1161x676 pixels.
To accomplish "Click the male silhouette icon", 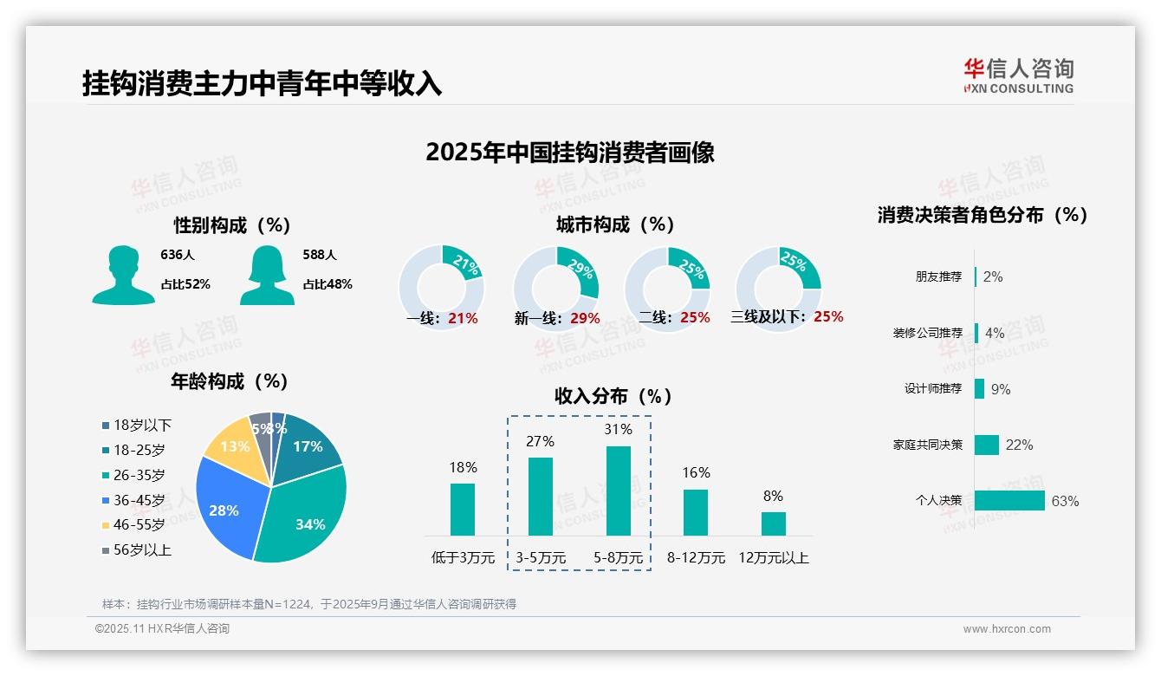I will pos(123,276).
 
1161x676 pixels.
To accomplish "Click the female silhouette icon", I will pos(267,276).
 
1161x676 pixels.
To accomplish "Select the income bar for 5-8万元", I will pos(618,491).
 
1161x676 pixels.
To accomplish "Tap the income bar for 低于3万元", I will pos(463,509).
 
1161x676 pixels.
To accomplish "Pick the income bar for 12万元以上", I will pos(773,523).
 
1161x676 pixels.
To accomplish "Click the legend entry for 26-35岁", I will pos(133,475).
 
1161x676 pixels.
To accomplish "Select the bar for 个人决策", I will pos(1009,500).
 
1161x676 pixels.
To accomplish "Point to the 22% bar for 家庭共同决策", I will pos(987,445).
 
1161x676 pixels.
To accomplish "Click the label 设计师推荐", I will pos(933,389).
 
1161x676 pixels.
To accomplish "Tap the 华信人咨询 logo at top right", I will pos(1018,76).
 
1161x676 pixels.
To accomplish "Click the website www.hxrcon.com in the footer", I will pos(1007,629).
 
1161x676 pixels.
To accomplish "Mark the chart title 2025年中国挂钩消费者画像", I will pos(570,153).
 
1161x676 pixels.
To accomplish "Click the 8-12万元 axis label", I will pos(696,558).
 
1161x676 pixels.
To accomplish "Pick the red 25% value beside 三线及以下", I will pos(828,317).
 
